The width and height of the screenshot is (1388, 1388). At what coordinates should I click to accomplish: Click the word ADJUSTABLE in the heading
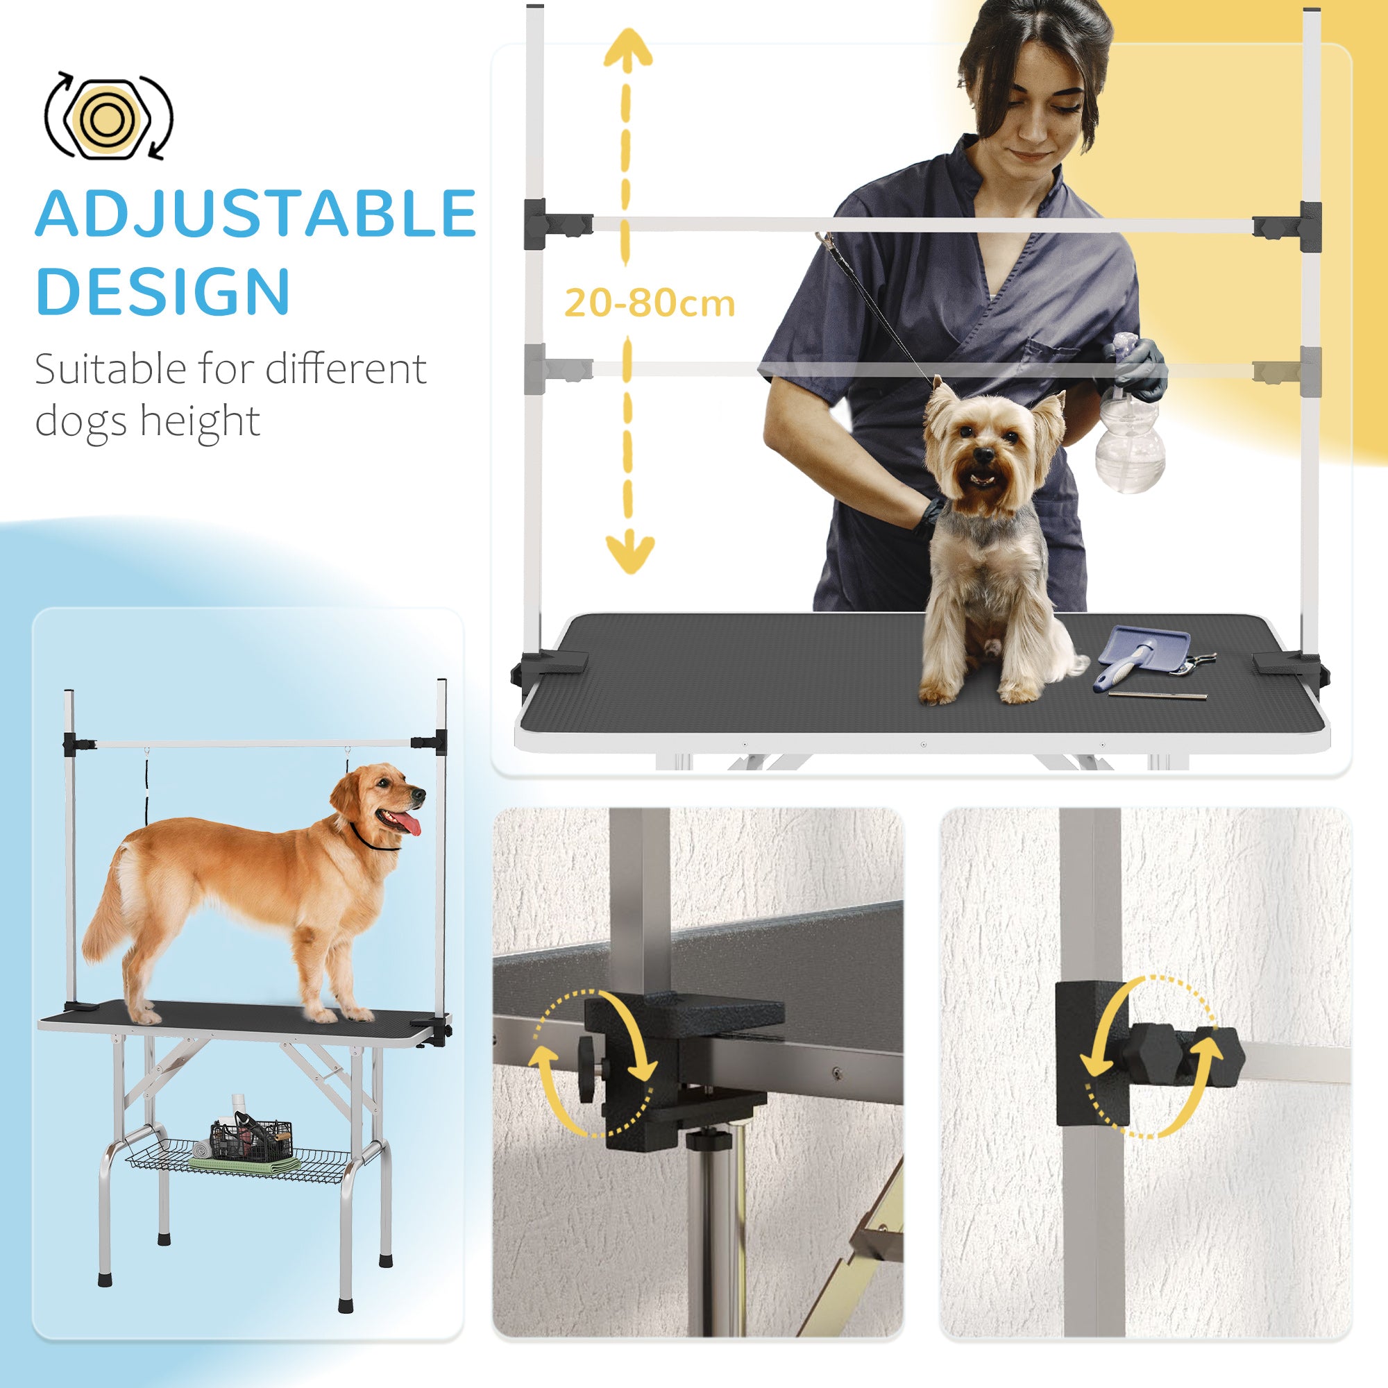click(x=255, y=213)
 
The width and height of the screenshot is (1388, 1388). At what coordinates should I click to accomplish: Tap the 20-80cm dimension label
click(x=649, y=303)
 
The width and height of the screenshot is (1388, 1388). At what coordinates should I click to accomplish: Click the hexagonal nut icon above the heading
click(x=108, y=116)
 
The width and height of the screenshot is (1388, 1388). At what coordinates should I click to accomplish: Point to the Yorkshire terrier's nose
click(x=984, y=455)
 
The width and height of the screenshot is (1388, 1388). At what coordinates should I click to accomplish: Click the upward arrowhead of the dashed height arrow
click(x=627, y=46)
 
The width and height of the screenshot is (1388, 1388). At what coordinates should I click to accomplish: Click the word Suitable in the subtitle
click(x=110, y=369)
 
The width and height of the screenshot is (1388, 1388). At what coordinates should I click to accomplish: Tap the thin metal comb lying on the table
click(x=1157, y=695)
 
